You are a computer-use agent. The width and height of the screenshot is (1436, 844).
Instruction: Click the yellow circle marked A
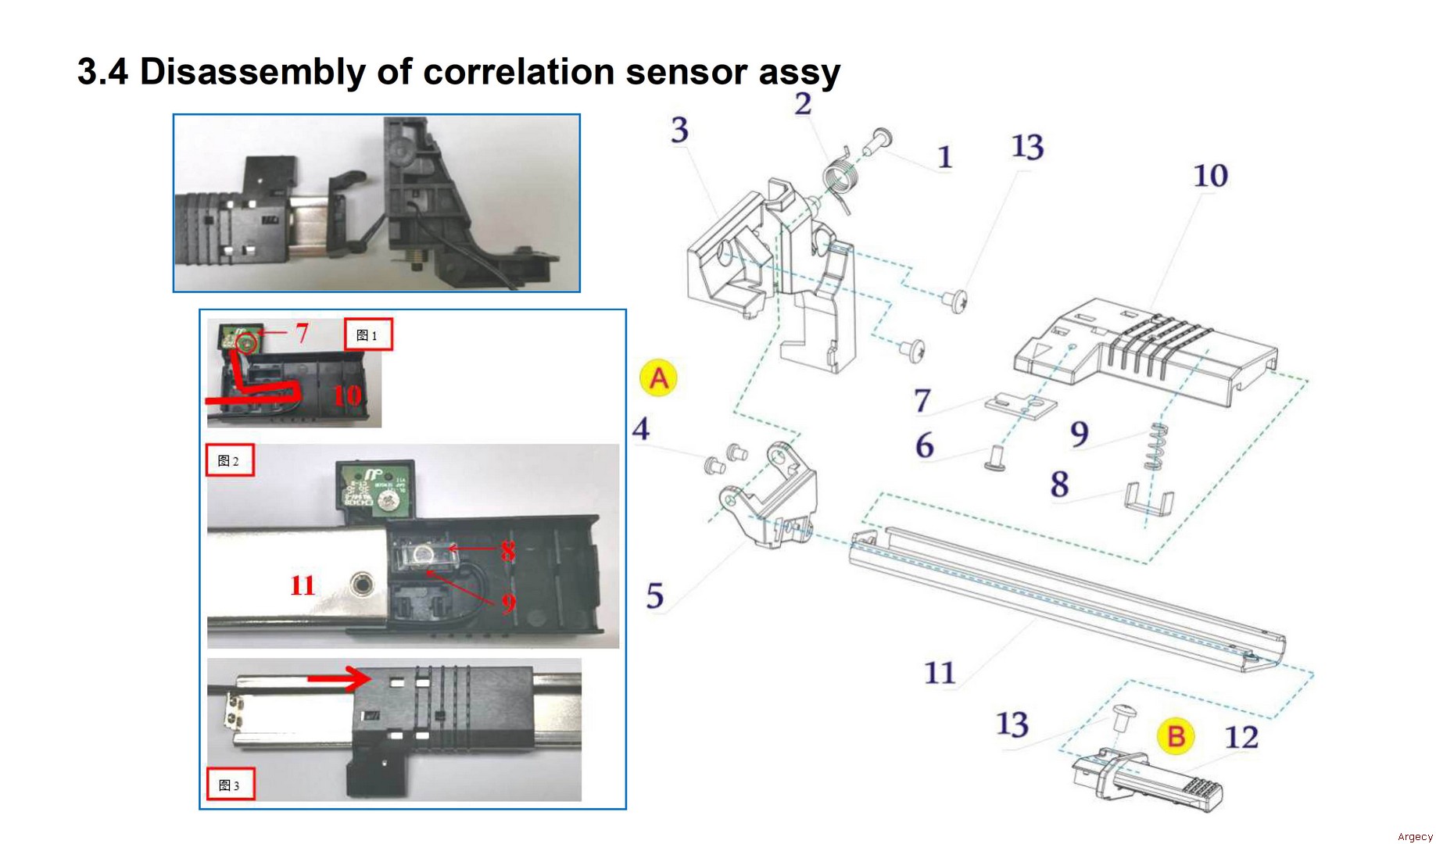658,378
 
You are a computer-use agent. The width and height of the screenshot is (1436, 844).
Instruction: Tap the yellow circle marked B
1176,736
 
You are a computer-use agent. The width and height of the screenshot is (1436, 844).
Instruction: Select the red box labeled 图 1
367,335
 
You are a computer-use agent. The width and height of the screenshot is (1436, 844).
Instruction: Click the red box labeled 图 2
229,461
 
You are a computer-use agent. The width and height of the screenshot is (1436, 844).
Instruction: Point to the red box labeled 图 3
230,785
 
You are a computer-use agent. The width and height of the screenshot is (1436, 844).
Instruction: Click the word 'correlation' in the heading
518,72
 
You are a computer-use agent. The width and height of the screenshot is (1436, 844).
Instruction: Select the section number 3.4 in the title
102,72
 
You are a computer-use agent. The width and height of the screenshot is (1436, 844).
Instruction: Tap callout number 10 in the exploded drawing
1210,176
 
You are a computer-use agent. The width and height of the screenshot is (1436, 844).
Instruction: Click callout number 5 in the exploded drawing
655,596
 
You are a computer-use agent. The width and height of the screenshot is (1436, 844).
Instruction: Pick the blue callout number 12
1241,737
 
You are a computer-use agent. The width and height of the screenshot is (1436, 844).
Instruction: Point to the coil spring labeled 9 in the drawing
1155,447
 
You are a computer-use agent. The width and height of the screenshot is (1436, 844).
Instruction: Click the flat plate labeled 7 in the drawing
1019,404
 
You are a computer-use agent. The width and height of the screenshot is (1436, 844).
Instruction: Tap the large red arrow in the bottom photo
339,678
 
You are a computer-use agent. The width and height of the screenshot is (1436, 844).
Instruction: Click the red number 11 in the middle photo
303,585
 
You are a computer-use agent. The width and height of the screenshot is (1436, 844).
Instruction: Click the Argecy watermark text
1415,837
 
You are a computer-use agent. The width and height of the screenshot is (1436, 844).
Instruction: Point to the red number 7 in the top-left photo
302,334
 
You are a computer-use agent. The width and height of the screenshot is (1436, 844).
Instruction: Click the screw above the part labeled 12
1123,716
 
